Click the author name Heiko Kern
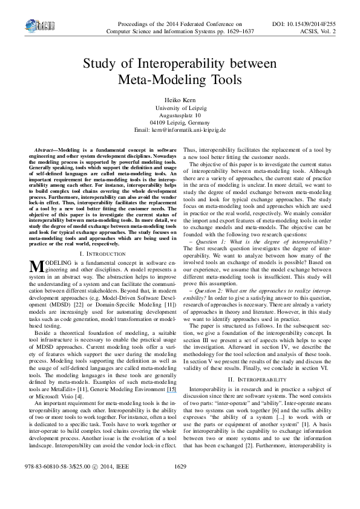coord(180,99)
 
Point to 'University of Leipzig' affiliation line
coord(180,107)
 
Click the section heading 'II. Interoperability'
coord(260,379)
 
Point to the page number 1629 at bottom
coord(180,484)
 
